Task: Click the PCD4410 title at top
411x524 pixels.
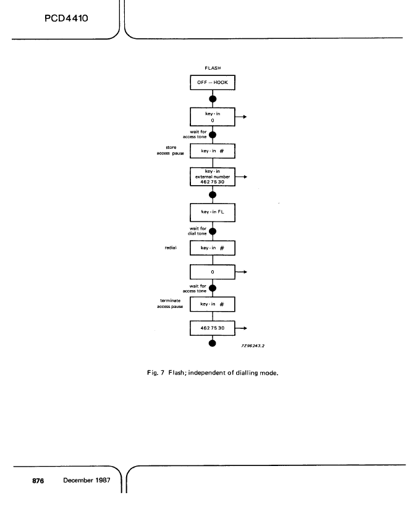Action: point(66,18)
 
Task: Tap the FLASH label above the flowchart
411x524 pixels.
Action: point(213,68)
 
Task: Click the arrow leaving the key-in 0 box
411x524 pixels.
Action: point(241,117)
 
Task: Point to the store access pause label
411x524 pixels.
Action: point(171,151)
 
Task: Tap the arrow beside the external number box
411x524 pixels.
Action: point(241,177)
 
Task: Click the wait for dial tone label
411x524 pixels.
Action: point(198,231)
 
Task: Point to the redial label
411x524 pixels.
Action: point(171,247)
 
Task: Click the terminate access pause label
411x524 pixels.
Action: point(170,304)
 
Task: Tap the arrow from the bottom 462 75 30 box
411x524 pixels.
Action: point(241,328)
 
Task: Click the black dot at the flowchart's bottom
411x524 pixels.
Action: point(212,343)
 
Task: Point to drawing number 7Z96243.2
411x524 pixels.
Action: point(253,346)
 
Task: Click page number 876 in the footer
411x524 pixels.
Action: point(38,481)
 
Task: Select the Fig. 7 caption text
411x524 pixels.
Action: point(213,373)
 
